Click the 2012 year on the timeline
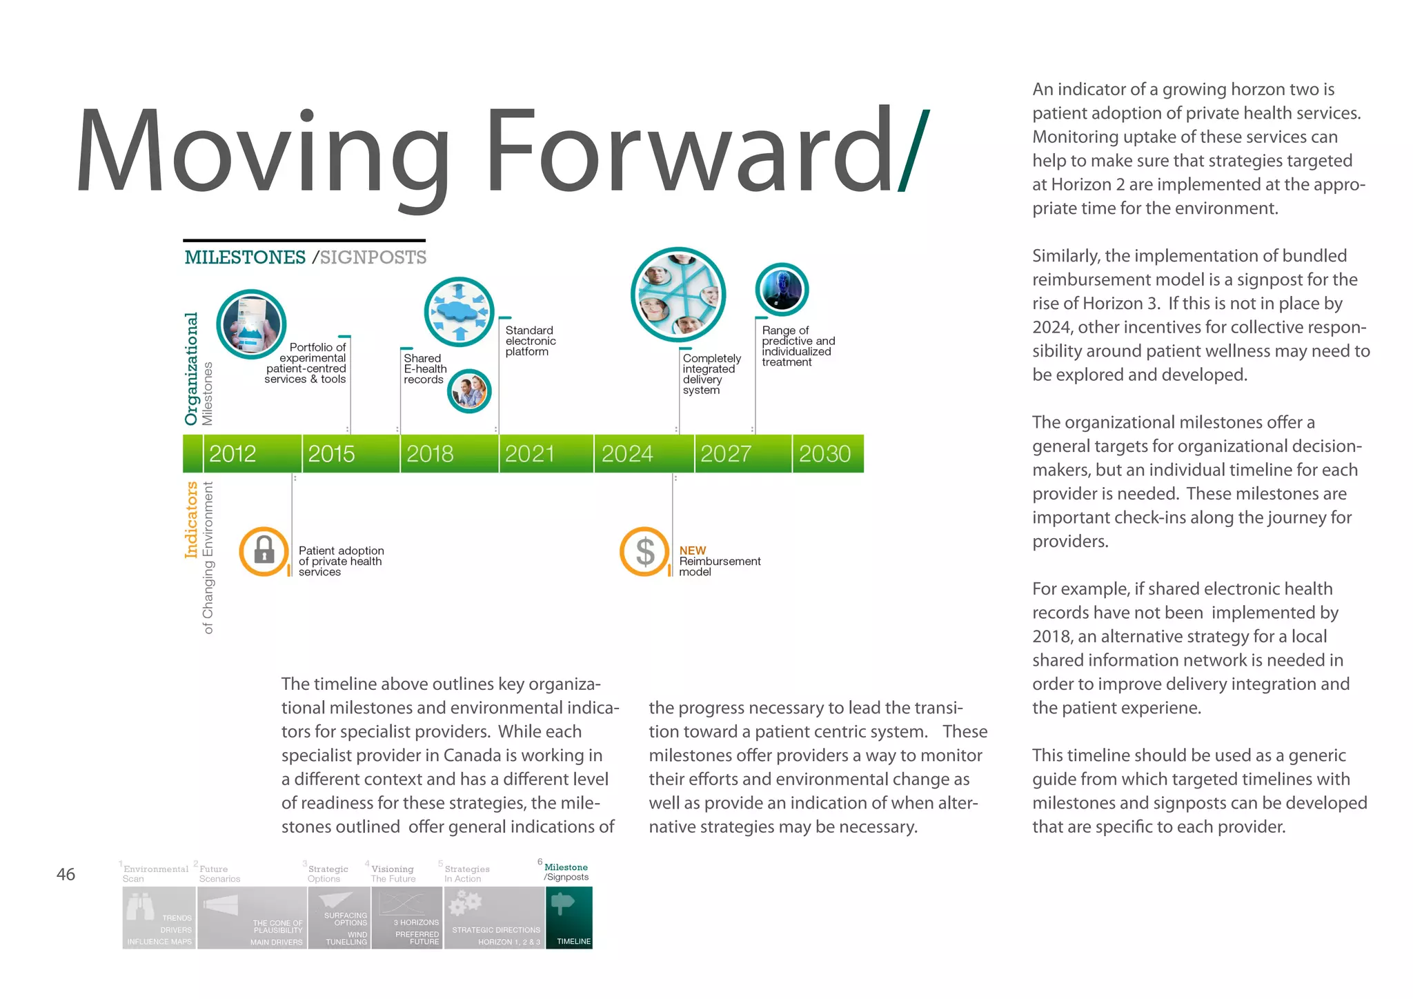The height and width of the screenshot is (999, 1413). click(x=233, y=454)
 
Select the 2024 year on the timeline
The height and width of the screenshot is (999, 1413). click(x=626, y=454)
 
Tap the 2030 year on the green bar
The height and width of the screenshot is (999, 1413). click(x=824, y=454)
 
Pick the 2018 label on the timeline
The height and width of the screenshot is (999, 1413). click(x=430, y=454)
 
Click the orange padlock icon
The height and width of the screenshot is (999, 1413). click(x=264, y=551)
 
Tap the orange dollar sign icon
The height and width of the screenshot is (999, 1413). click(x=644, y=551)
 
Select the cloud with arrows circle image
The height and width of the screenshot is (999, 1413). click(x=459, y=312)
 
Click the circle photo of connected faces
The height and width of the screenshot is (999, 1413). click(x=678, y=294)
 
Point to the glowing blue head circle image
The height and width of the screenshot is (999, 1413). click(x=782, y=290)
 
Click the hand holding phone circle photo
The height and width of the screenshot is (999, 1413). click(x=251, y=324)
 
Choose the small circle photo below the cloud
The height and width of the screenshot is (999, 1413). click(x=469, y=391)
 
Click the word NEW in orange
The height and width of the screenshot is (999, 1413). click(x=692, y=551)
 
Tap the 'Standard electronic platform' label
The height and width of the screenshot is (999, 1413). click(x=530, y=341)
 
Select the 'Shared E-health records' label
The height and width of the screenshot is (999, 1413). click(x=424, y=368)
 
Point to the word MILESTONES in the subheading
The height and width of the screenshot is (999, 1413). click(x=245, y=257)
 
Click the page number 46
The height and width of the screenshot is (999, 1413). click(x=66, y=875)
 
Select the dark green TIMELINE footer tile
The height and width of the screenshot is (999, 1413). click(x=569, y=917)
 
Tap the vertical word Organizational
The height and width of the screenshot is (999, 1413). click(x=191, y=368)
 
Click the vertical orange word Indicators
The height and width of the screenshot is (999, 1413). click(x=191, y=520)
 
